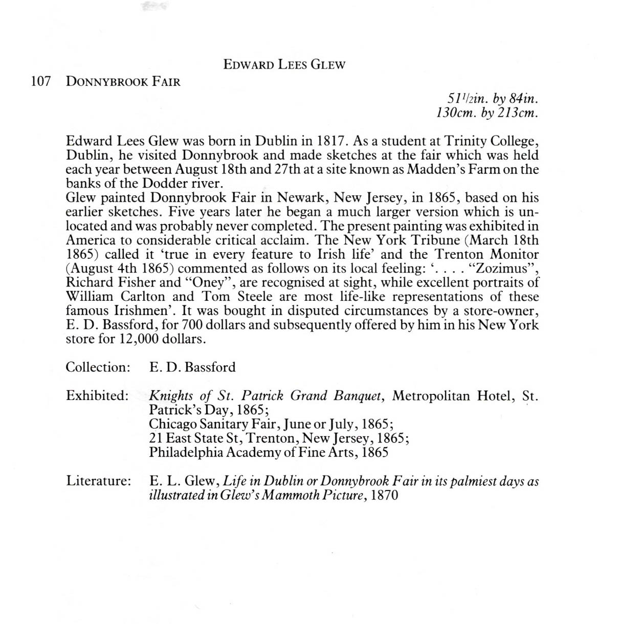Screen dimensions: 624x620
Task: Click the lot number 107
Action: coord(41,82)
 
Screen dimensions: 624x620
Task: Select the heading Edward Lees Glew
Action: coord(284,65)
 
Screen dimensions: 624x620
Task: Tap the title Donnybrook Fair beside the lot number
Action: coord(123,82)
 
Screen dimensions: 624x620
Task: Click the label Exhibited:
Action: coord(97,395)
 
